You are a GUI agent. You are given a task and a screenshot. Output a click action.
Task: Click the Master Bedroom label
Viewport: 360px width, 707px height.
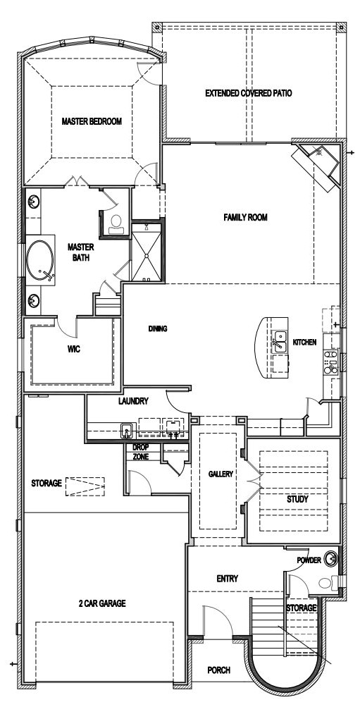(92, 121)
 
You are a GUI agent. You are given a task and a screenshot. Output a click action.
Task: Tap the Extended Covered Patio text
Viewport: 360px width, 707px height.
(249, 93)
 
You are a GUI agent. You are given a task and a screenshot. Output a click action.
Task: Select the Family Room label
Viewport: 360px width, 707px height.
(246, 217)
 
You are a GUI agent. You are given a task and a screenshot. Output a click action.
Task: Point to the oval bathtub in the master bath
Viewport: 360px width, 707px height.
(40, 262)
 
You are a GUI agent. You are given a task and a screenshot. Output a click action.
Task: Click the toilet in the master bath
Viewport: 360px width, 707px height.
(116, 224)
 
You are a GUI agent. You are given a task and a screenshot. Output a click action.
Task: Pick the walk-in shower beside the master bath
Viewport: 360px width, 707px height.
(146, 253)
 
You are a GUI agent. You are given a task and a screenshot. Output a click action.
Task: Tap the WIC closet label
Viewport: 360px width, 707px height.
(73, 349)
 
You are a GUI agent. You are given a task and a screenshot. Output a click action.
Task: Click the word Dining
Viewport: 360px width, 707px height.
(158, 328)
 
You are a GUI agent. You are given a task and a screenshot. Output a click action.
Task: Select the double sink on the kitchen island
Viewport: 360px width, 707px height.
(280, 341)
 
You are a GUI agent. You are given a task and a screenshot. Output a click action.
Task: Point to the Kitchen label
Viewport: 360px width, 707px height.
(304, 343)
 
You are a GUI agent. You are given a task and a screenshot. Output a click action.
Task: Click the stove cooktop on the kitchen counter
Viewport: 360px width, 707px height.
(333, 362)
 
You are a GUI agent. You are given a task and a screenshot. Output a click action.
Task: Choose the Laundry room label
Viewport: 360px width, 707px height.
(133, 401)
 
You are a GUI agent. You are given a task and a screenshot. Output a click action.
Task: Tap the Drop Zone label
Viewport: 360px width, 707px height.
(141, 452)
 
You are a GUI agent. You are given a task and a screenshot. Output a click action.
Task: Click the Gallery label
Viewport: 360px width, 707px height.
(221, 474)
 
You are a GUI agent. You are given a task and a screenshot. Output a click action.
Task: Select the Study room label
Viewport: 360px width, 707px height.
(297, 499)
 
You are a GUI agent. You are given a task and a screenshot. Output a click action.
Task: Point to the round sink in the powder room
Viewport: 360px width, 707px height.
(331, 558)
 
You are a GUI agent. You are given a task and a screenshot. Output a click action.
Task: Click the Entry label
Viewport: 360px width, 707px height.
(227, 579)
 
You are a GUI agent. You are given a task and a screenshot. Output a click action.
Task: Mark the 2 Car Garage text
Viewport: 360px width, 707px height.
(103, 603)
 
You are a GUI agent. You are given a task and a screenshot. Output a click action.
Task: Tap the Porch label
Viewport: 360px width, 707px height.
(219, 670)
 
